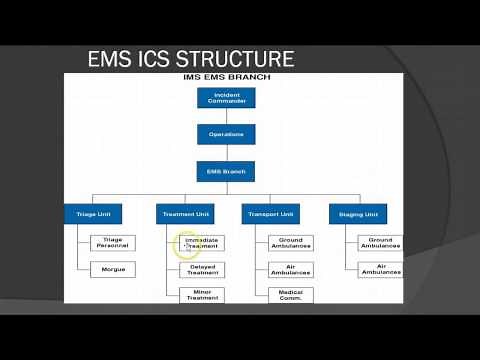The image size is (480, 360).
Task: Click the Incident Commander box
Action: click(x=225, y=98)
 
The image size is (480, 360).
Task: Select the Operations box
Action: click(x=225, y=134)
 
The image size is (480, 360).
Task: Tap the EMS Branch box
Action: click(x=225, y=171)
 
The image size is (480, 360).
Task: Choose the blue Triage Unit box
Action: click(x=99, y=214)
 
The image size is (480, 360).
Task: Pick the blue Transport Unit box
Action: click(x=270, y=214)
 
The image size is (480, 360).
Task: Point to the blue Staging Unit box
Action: click(x=358, y=214)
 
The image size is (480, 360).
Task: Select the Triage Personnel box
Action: click(x=112, y=243)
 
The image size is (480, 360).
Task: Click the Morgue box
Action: click(x=112, y=270)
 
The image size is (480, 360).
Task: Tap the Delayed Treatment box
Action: click(x=201, y=270)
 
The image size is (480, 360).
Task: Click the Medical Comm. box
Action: click(x=290, y=296)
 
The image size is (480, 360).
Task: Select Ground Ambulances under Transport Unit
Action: click(x=290, y=243)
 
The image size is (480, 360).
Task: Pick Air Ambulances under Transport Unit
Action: click(x=290, y=270)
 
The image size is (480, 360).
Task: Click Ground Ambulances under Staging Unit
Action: click(x=379, y=243)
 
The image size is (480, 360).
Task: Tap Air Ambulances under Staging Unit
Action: click(x=379, y=270)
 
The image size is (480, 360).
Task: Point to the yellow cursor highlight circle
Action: click(x=188, y=244)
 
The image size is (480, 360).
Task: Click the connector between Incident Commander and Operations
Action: click(x=225, y=116)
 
